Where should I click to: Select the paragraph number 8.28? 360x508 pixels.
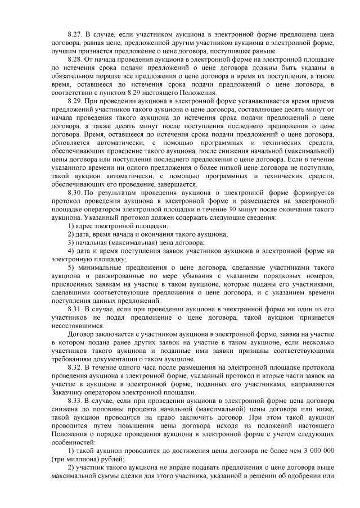click(75, 58)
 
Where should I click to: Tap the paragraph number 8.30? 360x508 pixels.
click(75, 192)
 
